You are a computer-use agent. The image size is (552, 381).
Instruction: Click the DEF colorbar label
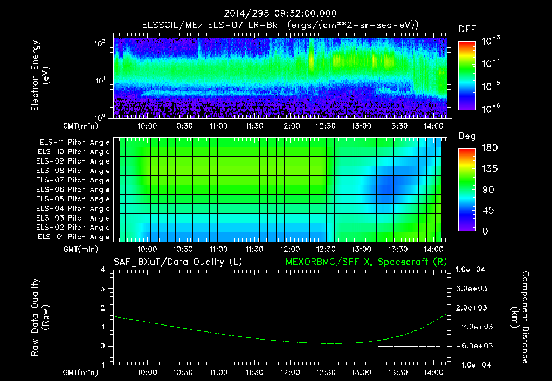[467, 29]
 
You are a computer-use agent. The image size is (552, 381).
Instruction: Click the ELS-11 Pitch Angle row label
[74, 143]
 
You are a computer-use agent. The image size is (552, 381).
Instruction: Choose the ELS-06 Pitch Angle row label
[74, 190]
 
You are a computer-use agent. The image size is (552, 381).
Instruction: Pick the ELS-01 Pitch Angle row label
[74, 237]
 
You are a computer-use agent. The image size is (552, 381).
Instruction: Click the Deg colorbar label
[467, 136]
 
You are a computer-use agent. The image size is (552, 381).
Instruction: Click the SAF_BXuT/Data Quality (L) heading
[177, 262]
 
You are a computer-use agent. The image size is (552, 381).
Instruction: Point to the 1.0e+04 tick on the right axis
[472, 270]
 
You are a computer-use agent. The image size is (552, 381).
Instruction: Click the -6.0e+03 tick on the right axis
[472, 346]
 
